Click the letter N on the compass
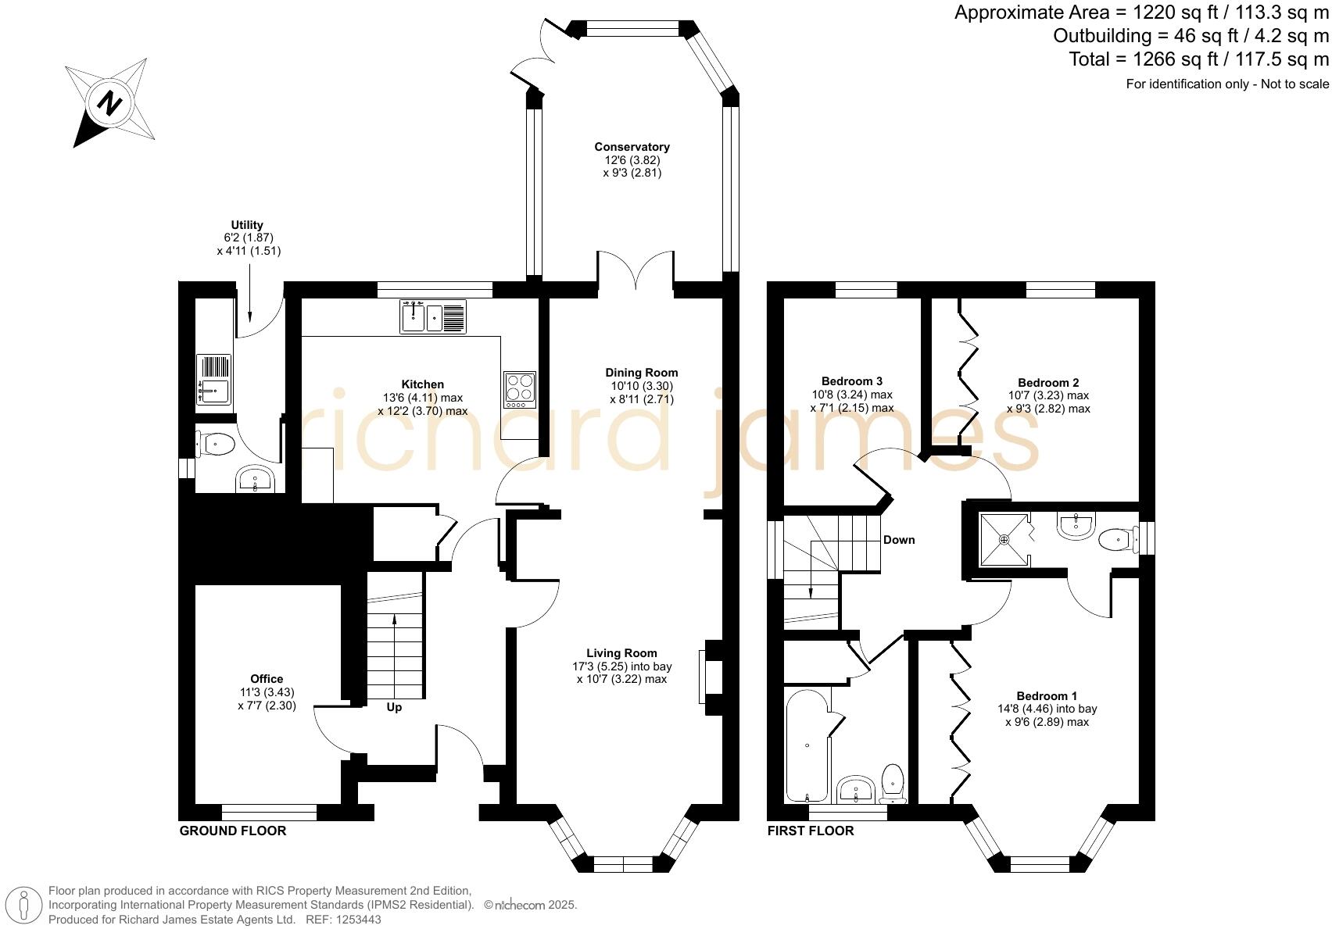coord(110,104)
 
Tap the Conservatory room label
coord(632,147)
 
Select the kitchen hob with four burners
coord(520,390)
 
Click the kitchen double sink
coord(433,316)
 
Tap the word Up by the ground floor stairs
coord(394,707)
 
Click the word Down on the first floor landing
coord(899,540)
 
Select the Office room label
coord(267,679)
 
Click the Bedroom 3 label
coord(852,381)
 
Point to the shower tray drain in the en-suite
coord(1004,540)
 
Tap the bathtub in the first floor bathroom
coord(807,746)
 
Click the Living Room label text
coord(621,652)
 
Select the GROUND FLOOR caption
coord(233,831)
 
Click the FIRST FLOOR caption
coord(811,831)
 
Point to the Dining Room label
coord(642,373)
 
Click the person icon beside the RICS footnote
coord(24,906)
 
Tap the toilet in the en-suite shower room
coord(1118,540)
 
